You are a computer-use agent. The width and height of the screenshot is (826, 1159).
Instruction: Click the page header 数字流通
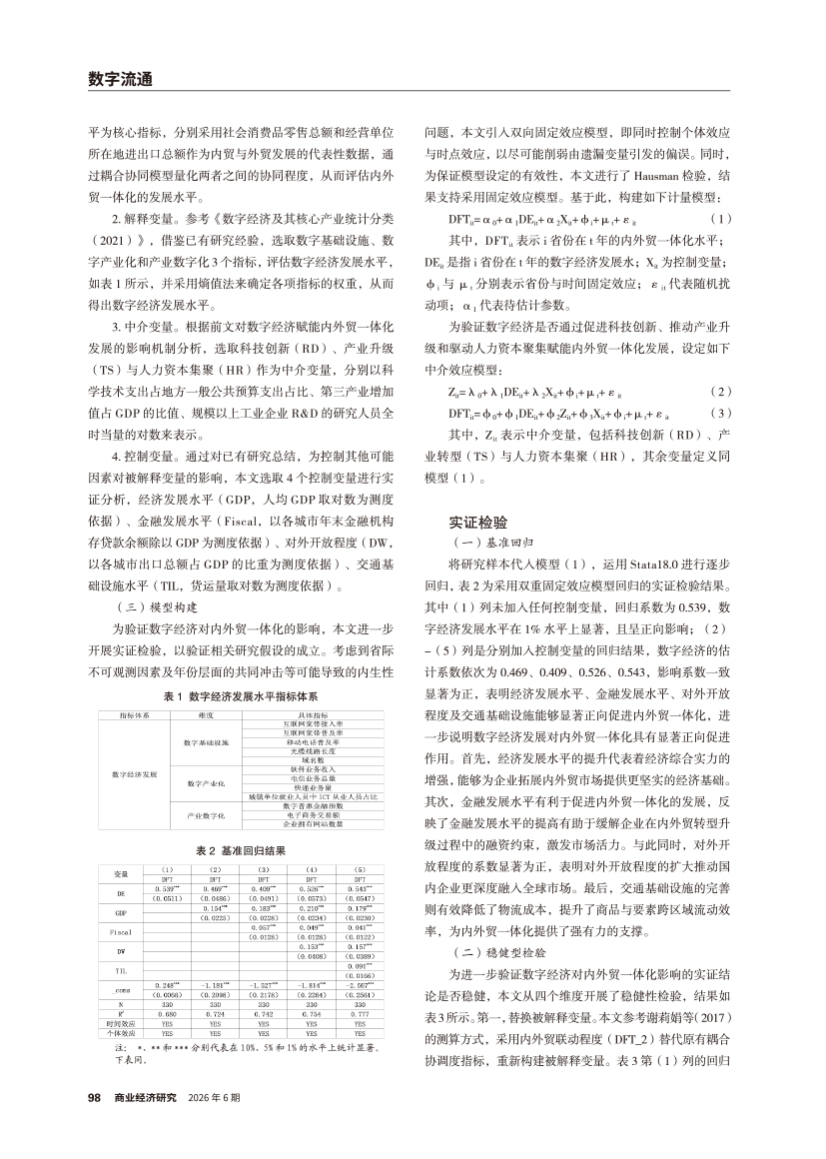pos(119,79)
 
